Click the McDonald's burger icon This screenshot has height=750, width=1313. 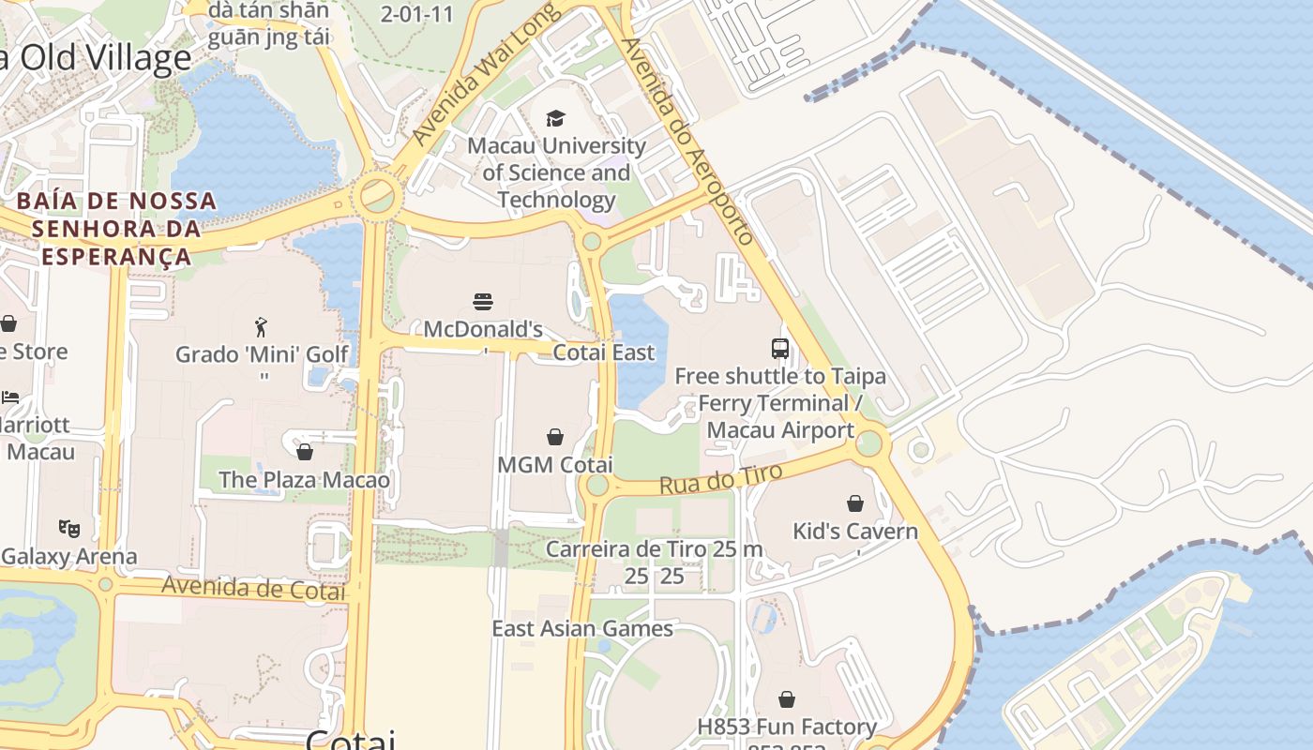point(483,302)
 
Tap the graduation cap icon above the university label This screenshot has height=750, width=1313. point(556,118)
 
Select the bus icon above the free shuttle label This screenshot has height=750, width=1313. point(780,349)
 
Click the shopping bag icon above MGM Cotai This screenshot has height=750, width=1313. point(555,437)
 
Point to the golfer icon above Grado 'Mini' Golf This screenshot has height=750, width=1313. point(262,327)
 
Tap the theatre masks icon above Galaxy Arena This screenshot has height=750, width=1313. point(69,529)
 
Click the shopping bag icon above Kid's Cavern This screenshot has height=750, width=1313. point(854,503)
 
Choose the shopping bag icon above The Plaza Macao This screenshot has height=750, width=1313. point(304,453)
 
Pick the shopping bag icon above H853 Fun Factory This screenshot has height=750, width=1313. point(787,699)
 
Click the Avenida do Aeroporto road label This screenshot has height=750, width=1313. point(688,141)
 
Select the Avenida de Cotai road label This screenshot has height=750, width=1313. point(253,589)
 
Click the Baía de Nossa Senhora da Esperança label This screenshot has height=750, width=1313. point(116,229)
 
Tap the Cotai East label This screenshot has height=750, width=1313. point(604,352)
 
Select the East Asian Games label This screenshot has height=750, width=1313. point(582,628)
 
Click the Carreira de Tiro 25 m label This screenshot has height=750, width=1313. point(654,549)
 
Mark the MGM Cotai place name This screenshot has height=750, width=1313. point(555,465)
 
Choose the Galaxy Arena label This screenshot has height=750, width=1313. point(69,556)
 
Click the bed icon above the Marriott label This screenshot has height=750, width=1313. point(10,397)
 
